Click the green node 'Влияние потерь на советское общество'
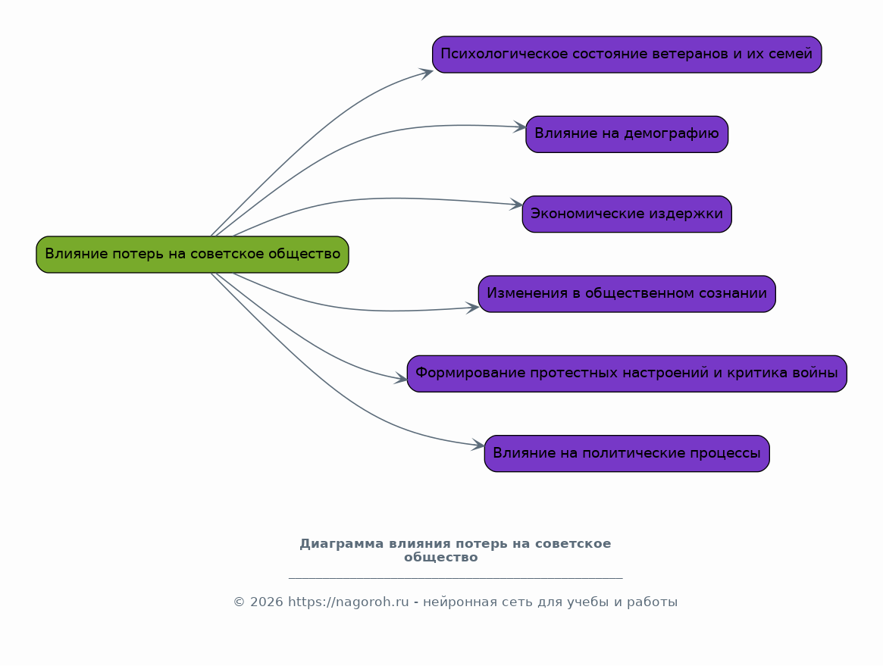pyautogui.click(x=193, y=255)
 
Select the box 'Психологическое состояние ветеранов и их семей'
pyautogui.click(x=627, y=55)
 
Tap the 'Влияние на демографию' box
pyautogui.click(x=627, y=135)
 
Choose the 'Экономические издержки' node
pyautogui.click(x=627, y=214)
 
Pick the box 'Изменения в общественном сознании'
pyautogui.click(x=627, y=294)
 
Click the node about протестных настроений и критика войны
pyautogui.click(x=627, y=374)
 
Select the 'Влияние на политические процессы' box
pyautogui.click(x=627, y=453)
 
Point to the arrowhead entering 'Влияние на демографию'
pyautogui.click(x=519, y=127)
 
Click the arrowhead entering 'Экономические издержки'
pyautogui.click(x=516, y=205)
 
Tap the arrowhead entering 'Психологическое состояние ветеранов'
pyautogui.click(x=426, y=73)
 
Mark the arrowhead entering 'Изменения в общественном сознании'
pyautogui.click(x=472, y=308)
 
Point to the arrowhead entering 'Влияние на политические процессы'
pyautogui.click(x=478, y=446)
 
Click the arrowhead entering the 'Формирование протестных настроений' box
pyautogui.click(x=400, y=380)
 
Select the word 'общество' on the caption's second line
pyautogui.click(x=441, y=558)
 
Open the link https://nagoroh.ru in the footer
pyautogui.click(x=349, y=602)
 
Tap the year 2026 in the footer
pyautogui.click(x=266, y=602)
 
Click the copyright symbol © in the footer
pyautogui.click(x=240, y=602)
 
